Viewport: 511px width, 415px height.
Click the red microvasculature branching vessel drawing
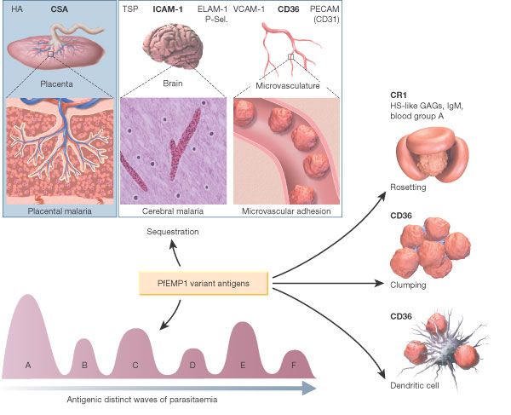(290, 47)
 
